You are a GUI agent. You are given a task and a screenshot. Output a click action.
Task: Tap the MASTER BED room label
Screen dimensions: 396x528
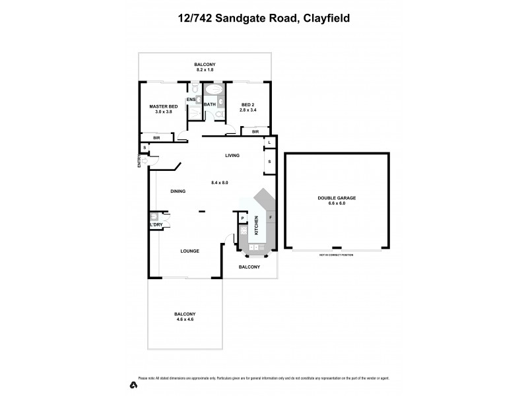163,106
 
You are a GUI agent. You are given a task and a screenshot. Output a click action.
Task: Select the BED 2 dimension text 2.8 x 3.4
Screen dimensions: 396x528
247,110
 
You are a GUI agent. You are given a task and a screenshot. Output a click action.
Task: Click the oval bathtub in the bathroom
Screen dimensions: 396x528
214,90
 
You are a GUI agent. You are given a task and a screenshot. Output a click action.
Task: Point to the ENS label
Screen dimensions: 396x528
191,100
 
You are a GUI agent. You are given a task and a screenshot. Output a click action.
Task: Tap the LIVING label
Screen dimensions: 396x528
232,156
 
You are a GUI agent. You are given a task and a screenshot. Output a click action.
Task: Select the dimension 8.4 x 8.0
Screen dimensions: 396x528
219,182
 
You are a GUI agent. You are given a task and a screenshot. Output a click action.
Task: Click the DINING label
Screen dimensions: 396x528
178,191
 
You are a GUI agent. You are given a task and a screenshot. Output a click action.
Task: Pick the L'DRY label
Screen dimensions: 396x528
156,225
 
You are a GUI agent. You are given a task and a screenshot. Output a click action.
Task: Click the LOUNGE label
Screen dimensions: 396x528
190,251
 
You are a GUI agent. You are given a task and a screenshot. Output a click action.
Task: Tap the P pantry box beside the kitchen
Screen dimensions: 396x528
242,218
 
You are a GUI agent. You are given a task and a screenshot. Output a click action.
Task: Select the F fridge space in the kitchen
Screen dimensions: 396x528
270,218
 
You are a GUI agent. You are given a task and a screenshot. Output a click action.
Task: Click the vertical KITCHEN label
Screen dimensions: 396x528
257,229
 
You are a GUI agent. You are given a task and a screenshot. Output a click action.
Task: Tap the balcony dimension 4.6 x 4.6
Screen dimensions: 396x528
184,319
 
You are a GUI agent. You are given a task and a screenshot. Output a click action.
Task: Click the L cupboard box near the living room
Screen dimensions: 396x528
269,143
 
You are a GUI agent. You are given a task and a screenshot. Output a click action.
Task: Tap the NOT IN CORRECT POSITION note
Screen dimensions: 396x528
336,254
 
